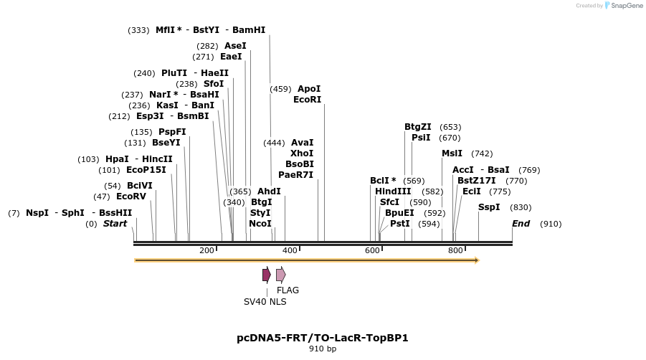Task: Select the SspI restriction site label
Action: [x=489, y=207]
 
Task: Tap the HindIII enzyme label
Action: [x=393, y=191]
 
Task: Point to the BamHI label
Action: [x=249, y=30]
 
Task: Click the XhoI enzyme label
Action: [x=302, y=153]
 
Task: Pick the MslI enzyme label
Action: [x=452, y=153]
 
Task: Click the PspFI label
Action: [x=172, y=132]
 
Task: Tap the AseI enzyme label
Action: [x=235, y=46]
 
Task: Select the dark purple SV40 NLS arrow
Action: [x=266, y=275]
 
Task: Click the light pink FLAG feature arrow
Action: [x=280, y=275]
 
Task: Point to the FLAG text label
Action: [x=288, y=290]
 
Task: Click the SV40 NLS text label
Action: [x=265, y=302]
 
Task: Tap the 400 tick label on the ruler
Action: [x=290, y=250]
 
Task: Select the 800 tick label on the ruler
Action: [x=455, y=250]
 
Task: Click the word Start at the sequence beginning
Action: [x=115, y=224]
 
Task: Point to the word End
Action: [x=521, y=224]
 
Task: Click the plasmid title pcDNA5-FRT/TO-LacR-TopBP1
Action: [x=323, y=337]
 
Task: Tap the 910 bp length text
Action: [x=323, y=349]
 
